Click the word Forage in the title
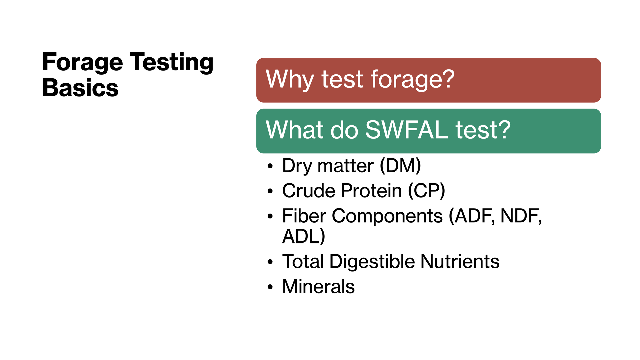(x=83, y=63)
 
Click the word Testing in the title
(x=171, y=63)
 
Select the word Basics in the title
(x=80, y=88)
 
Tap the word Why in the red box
(x=290, y=80)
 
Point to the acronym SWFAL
(x=407, y=130)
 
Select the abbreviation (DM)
(x=400, y=166)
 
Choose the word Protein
(x=371, y=191)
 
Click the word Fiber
(x=304, y=216)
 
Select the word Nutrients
(x=460, y=261)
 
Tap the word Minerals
(x=318, y=287)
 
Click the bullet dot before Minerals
(x=270, y=287)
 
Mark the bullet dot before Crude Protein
(x=270, y=191)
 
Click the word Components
(x=387, y=216)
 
